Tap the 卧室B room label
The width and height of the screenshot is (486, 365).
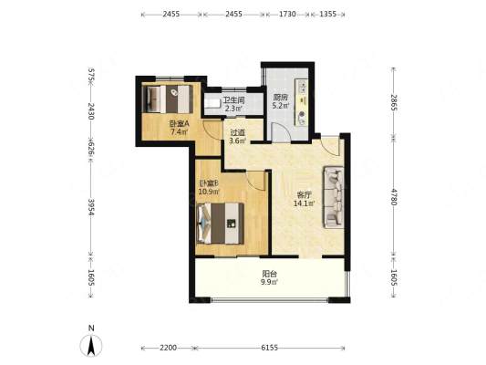click(209, 183)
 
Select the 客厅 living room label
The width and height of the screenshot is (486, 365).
click(304, 195)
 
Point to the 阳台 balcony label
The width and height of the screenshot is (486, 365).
click(270, 274)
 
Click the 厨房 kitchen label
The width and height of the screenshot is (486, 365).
click(281, 98)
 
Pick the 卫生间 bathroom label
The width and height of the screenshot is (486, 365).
click(234, 100)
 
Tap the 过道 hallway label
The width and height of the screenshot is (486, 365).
click(237, 132)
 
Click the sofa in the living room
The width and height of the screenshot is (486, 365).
click(334, 197)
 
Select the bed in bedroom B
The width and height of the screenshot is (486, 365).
click(220, 223)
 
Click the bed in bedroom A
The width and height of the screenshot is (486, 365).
click(168, 99)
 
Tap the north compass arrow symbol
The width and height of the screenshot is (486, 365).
click(91, 345)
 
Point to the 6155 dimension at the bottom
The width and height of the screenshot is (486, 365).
click(269, 348)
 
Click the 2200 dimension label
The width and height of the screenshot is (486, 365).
click(169, 348)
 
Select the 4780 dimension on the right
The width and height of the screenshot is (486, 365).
click(394, 196)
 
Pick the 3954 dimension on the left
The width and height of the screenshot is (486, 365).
click(91, 207)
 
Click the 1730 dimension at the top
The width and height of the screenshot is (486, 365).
click(287, 14)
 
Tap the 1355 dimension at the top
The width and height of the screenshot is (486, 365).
click(327, 14)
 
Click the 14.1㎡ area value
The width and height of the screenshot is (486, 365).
click(305, 203)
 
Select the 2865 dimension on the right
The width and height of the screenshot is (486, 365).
click(394, 102)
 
